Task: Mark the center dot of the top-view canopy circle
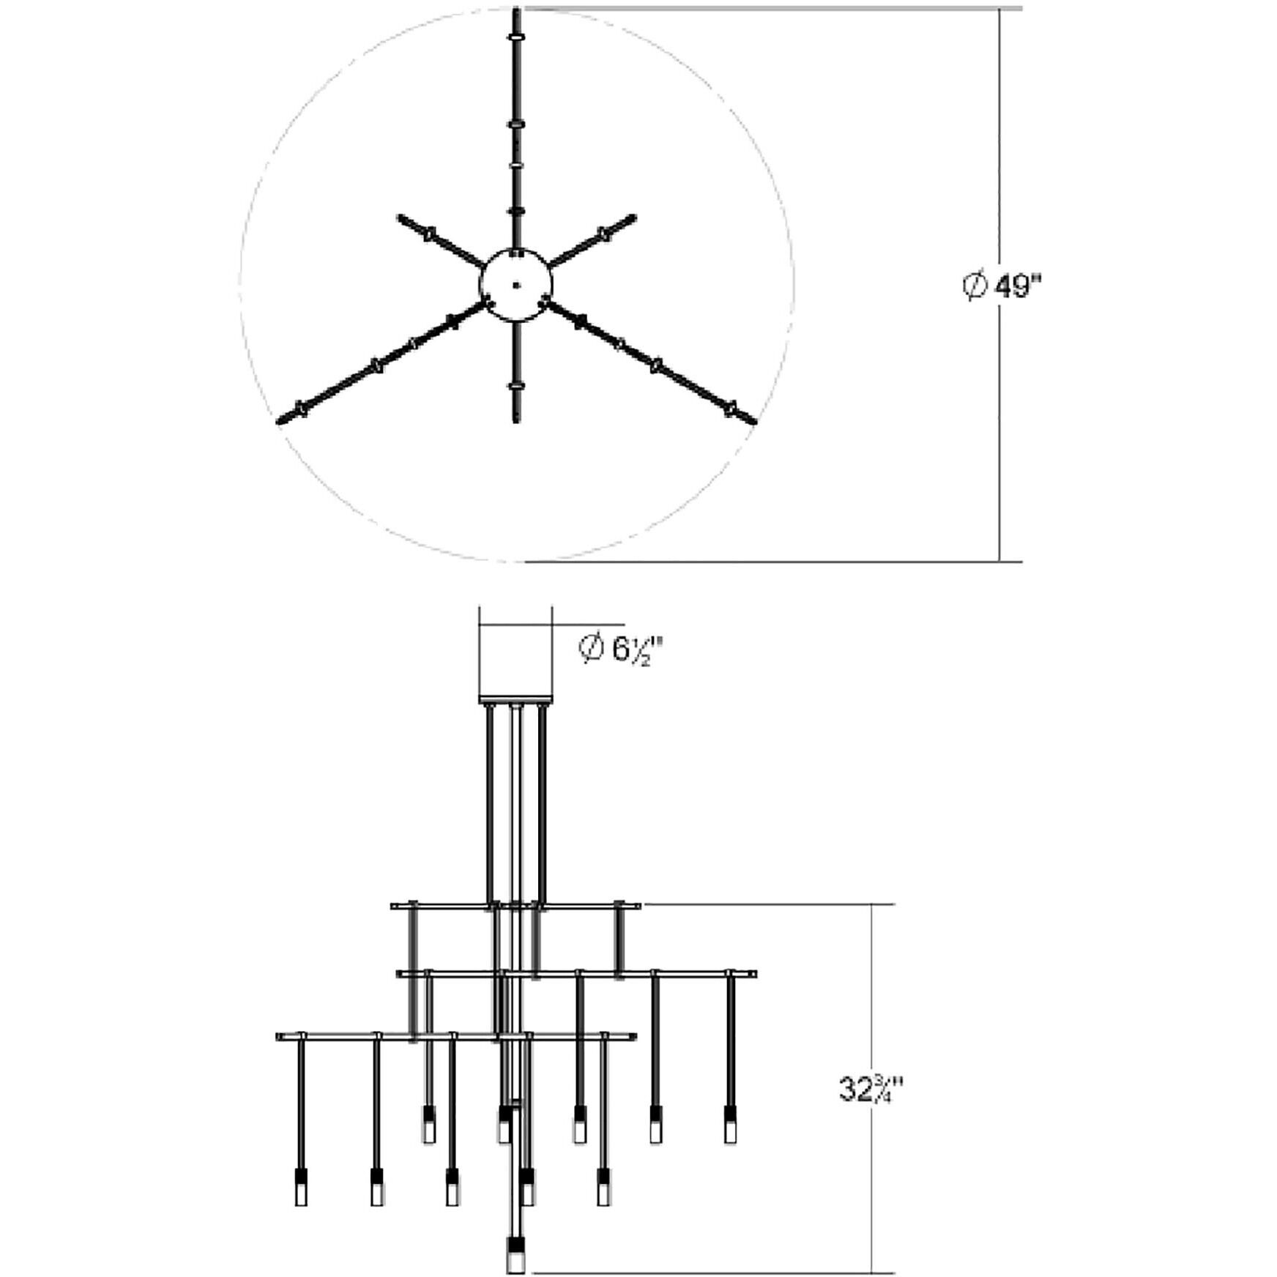pyautogui.click(x=516, y=285)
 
